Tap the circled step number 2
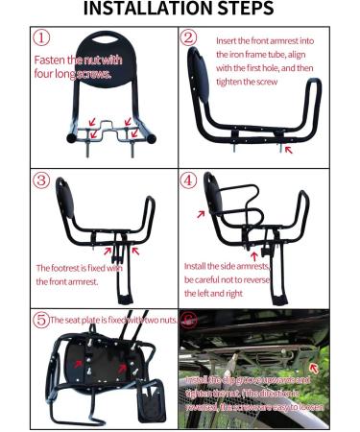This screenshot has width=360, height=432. coord(189,40)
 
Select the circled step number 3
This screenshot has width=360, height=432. coord(41,181)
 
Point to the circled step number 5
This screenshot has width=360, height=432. coord(40,319)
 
